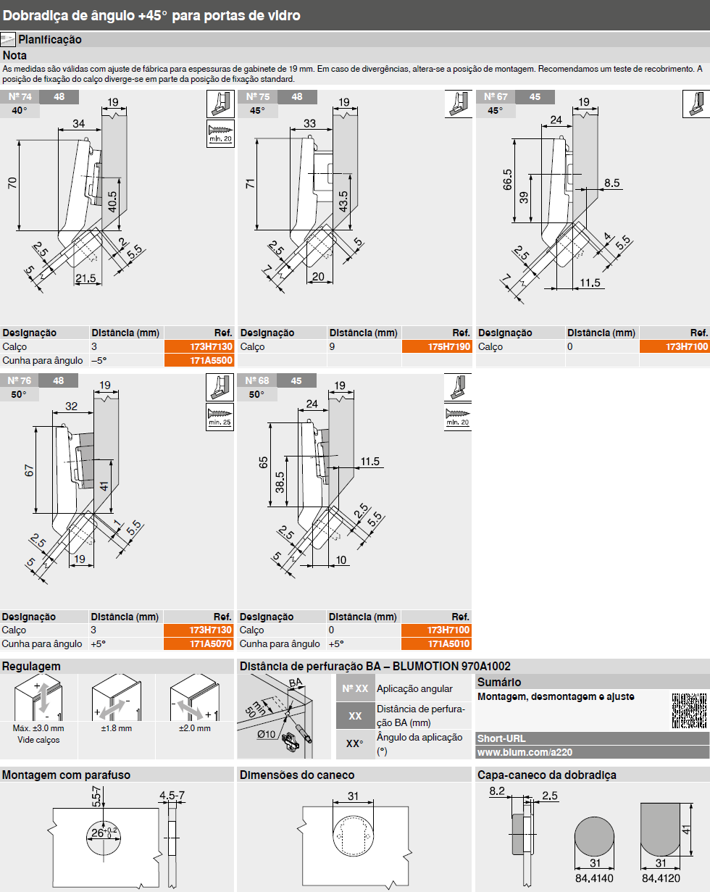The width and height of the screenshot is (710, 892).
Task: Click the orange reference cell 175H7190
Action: click(x=437, y=346)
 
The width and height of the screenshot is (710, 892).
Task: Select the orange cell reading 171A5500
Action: click(x=199, y=360)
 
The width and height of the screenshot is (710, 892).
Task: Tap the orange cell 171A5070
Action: click(x=199, y=643)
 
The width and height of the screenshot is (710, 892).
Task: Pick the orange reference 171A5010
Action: click(x=436, y=643)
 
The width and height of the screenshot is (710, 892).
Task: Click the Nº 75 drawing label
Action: click(x=258, y=96)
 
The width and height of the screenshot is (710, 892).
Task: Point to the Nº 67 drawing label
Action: click(x=496, y=96)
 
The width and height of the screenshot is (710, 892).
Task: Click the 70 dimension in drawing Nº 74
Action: click(x=12, y=183)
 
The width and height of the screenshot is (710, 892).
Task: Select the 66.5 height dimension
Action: click(x=508, y=180)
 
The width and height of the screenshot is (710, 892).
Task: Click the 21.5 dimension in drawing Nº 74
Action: click(x=85, y=278)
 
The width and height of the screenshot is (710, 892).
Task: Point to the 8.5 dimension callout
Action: click(x=611, y=183)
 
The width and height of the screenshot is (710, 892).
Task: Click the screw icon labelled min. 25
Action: click(x=220, y=417)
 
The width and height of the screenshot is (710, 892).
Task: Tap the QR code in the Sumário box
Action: click(x=689, y=711)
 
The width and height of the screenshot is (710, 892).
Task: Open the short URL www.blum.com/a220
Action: click(x=525, y=752)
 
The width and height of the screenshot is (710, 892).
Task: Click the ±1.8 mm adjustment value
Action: click(x=117, y=728)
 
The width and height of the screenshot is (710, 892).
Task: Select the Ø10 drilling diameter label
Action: click(x=266, y=734)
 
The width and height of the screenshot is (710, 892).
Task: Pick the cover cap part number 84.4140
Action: click(x=594, y=878)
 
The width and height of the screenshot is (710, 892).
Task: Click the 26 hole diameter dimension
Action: click(x=98, y=833)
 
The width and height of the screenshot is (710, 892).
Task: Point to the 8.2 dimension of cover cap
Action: click(x=497, y=791)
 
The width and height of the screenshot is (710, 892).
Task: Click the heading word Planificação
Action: click(x=50, y=40)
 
